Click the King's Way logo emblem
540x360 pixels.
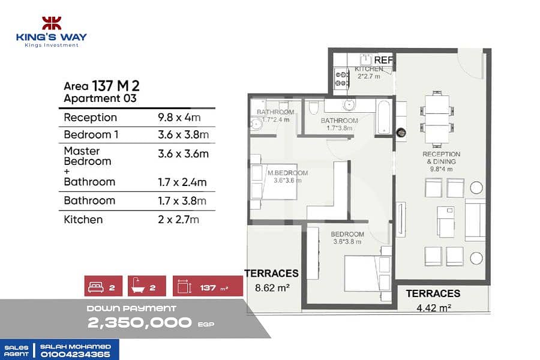pos(52,23)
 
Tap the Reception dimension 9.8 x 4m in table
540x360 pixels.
pos(179,118)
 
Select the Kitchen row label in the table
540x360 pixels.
pos(83,220)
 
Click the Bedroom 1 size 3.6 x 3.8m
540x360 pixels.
pos(183,134)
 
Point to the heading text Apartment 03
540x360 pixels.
pos(100,98)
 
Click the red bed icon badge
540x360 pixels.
pos(103,286)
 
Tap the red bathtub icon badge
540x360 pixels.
pos(147,286)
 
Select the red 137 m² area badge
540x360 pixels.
pos(208,286)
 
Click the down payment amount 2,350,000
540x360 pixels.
pos(139,323)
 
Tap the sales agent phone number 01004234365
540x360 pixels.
pos(76,355)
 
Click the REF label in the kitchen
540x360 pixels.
pos(383,60)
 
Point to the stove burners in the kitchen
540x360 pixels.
pos(341,79)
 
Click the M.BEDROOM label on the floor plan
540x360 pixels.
pos(287,173)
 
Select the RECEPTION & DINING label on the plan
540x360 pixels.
pos(441,158)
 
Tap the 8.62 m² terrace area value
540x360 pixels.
pos(272,287)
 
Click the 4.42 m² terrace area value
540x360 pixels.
pos(434,308)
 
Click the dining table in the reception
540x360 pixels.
pos(437,119)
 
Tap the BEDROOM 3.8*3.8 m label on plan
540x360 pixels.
pos(347,238)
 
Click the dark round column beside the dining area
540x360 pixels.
pos(401,132)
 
